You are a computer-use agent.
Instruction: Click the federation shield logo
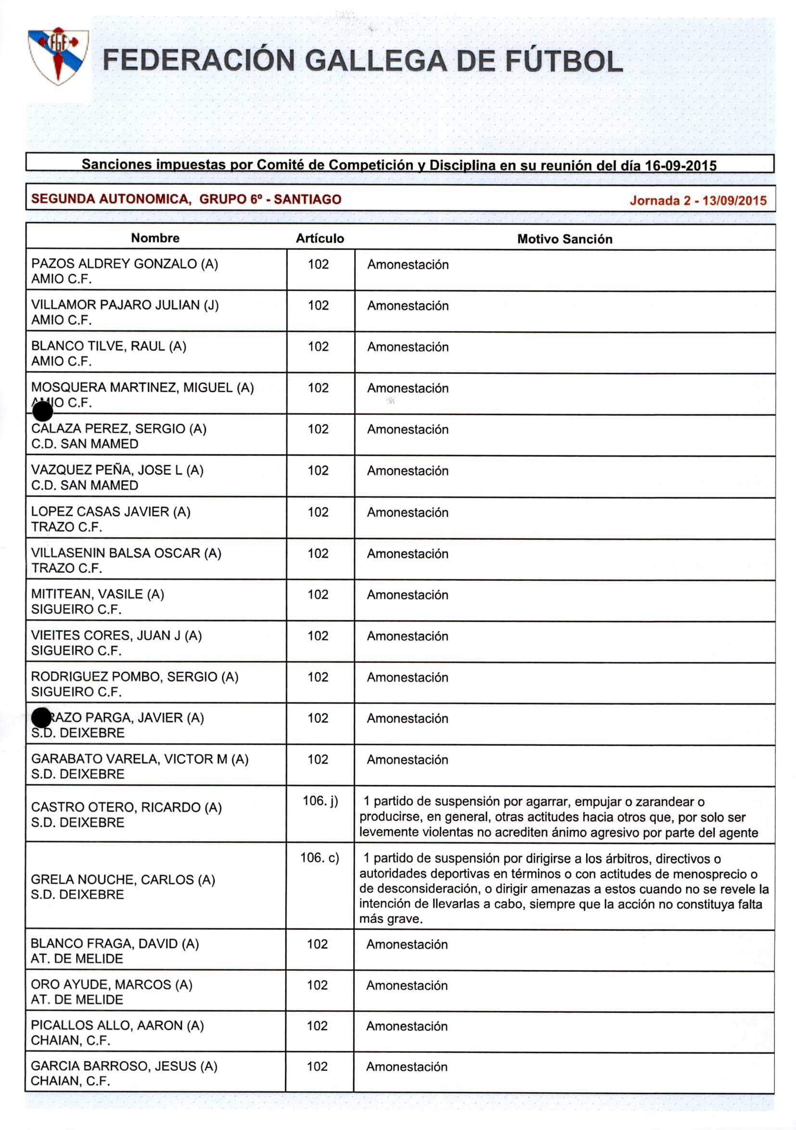(x=58, y=56)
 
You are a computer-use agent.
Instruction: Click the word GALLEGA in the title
(x=376, y=61)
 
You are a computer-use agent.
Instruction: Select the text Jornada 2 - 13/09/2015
(x=697, y=201)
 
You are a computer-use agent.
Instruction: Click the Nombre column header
(x=155, y=238)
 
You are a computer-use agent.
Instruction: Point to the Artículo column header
(x=319, y=239)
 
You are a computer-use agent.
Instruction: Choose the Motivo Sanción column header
(x=564, y=239)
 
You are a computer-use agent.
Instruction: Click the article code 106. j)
(x=320, y=801)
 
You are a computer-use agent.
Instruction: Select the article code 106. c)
(x=319, y=858)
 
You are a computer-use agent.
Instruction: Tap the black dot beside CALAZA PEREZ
(x=42, y=412)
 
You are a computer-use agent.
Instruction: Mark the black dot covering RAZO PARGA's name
(x=41, y=717)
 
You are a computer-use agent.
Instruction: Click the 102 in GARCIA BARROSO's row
(x=317, y=1067)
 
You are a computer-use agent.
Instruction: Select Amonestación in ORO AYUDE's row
(x=406, y=985)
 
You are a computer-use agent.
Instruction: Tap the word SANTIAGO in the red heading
(x=307, y=200)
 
